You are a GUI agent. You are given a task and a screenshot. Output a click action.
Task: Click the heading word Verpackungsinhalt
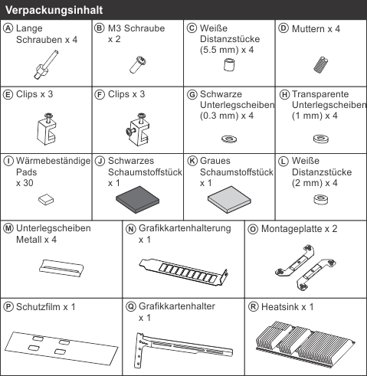(54, 10)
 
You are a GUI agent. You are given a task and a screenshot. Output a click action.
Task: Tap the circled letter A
(8, 28)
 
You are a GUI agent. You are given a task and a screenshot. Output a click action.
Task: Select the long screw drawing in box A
(46, 64)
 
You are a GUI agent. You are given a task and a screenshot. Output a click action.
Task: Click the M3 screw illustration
(138, 65)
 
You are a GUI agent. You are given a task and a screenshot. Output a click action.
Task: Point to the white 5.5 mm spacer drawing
(229, 64)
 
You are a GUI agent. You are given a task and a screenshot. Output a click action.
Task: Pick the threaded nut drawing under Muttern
(321, 64)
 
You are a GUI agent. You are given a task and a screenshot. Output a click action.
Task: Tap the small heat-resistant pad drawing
(46, 199)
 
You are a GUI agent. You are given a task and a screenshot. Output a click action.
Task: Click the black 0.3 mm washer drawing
(229, 139)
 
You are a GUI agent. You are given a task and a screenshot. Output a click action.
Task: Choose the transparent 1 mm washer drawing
(321, 139)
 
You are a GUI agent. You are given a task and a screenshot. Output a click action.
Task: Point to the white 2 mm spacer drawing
(321, 199)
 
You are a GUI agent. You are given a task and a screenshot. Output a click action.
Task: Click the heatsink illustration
(306, 344)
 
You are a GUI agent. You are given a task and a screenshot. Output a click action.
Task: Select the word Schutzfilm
(38, 307)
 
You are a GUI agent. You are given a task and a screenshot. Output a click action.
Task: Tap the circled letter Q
(131, 306)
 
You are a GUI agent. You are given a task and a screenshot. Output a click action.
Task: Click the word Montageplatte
(292, 229)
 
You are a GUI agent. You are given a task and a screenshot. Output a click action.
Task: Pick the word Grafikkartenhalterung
(185, 228)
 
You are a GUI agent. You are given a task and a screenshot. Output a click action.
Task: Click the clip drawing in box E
(47, 129)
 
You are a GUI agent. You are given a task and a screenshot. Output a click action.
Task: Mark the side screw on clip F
(130, 131)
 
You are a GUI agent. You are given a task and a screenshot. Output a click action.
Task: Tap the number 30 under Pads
(28, 183)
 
